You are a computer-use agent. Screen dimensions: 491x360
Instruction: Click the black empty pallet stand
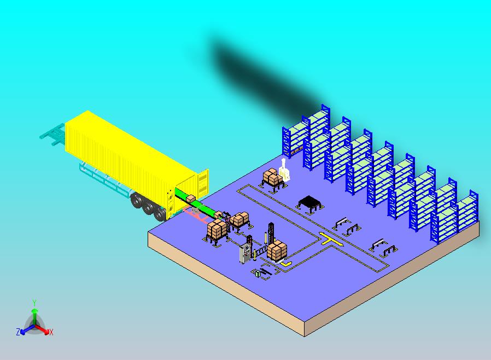pos(309,203)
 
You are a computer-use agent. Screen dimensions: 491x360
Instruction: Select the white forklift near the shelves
pos(285,171)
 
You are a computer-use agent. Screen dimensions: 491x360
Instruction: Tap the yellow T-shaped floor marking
pos(331,240)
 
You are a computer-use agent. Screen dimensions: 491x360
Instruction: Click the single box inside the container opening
pos(191,199)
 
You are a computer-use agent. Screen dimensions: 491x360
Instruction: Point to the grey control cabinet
pos(244,253)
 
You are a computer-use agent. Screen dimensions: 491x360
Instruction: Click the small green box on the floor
pos(258,273)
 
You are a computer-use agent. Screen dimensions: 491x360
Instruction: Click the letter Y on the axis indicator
pos(34,303)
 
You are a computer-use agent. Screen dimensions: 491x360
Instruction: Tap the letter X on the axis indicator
pos(51,332)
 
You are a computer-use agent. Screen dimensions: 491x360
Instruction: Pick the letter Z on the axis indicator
pos(18,332)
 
